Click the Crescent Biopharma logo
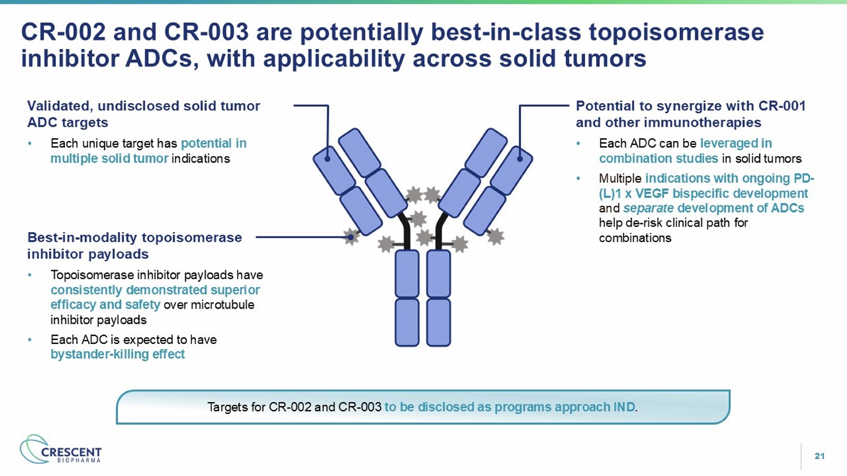pyautogui.click(x=61, y=449)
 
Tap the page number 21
pyautogui.click(x=819, y=456)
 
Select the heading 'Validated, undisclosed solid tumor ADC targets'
pyautogui.click(x=143, y=114)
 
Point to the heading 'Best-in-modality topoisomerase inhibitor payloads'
pyautogui.click(x=134, y=245)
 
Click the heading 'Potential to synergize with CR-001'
pyautogui.click(x=690, y=106)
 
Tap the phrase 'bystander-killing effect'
pyautogui.click(x=117, y=354)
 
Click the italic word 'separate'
pyautogui.click(x=648, y=208)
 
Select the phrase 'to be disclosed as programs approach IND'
pyautogui.click(x=509, y=407)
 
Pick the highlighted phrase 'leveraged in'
pyautogui.click(x=736, y=143)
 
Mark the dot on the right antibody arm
pyautogui.click(x=519, y=158)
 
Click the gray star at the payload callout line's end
pyautogui.click(x=351, y=237)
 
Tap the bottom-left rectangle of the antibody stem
pyautogui.click(x=407, y=322)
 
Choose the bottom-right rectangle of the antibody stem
pyautogui.click(x=439, y=322)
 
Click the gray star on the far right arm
pyautogui.click(x=495, y=236)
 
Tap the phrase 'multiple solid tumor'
pyautogui.click(x=110, y=158)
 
